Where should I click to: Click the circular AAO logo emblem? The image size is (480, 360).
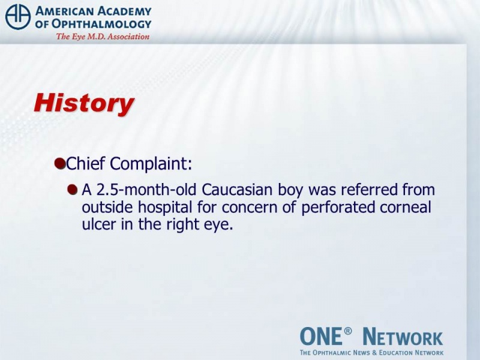coord(18,17)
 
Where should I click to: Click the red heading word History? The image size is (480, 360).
coord(84,103)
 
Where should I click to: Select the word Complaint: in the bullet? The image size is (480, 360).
coord(151,164)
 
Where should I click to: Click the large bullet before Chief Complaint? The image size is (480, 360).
coord(60,163)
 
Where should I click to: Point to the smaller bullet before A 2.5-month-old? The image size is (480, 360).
coord(72,190)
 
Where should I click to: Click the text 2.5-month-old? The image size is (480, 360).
coord(146,190)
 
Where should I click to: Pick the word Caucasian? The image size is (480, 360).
coord(237,190)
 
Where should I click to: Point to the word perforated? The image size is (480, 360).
coord(338,208)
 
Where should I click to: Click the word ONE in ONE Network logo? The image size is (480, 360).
coord(320,336)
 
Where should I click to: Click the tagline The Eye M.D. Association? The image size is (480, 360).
coord(103,37)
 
